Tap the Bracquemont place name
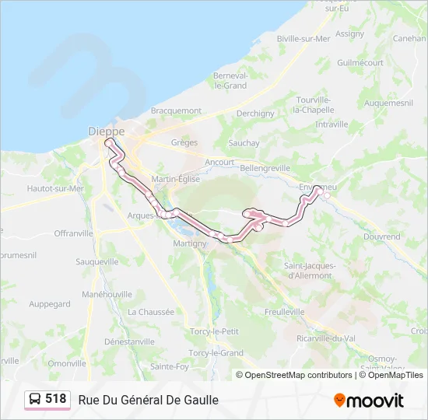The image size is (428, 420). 176,111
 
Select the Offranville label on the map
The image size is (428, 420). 74,233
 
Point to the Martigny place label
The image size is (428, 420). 190,243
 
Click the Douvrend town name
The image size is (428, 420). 381,236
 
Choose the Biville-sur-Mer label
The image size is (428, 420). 303,37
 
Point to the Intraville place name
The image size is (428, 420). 332,124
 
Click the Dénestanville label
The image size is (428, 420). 129,341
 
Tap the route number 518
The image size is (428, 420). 55,399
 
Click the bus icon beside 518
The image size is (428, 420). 35,399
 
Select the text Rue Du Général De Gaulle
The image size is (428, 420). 148,400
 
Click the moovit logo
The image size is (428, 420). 369,401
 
